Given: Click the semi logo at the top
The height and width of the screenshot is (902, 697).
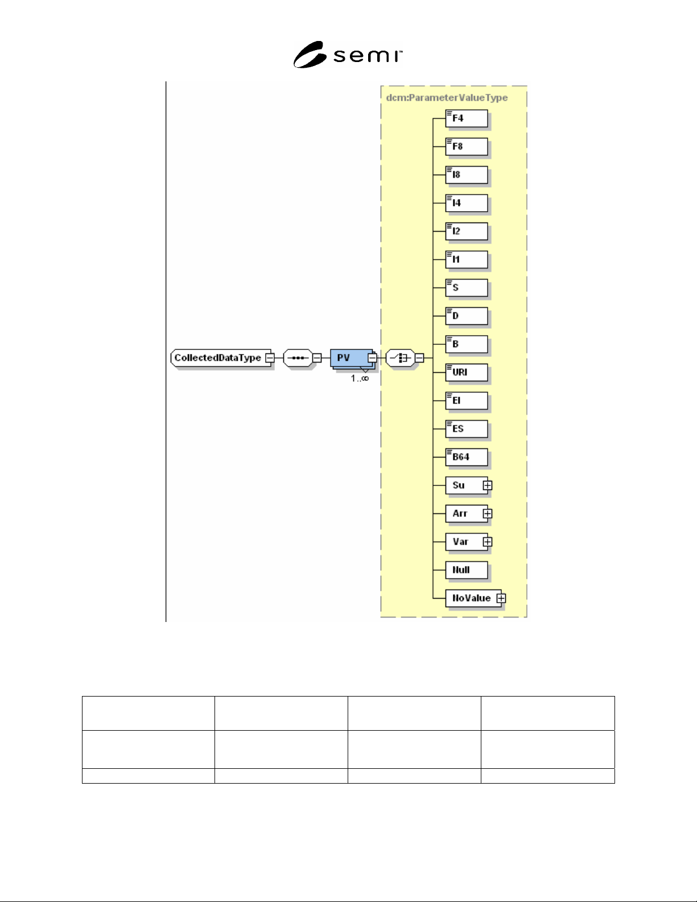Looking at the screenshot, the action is point(348,55).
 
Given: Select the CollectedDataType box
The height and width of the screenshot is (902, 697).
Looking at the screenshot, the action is point(221,358).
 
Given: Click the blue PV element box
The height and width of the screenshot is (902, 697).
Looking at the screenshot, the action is point(352,358).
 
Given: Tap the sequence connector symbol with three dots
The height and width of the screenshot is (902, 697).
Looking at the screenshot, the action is point(298,358).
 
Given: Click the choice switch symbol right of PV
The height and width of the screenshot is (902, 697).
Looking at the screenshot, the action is point(401,358).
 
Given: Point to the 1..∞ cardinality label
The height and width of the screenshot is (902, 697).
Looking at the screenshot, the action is point(360,378).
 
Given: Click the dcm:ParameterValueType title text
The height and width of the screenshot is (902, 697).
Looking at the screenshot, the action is point(447,97).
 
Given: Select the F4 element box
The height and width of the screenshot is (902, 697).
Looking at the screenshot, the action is point(467,118).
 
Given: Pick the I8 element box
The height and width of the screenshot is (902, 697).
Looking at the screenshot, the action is point(467,175).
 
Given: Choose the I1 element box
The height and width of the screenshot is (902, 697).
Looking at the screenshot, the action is point(467,260).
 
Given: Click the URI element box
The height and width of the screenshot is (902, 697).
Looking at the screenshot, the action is point(467,372).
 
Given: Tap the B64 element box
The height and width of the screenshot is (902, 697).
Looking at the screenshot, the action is point(467,457).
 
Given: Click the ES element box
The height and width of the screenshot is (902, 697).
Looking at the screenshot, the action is point(467,429).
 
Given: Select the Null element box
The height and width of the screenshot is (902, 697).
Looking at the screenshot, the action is point(467,570).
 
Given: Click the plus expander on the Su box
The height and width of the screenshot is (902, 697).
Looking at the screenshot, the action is point(488,485).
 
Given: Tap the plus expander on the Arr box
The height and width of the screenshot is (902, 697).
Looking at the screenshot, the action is point(488,513).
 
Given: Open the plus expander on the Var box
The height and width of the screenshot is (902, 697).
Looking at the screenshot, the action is point(488,542).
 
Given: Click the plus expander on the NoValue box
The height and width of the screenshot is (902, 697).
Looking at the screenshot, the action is point(501,598).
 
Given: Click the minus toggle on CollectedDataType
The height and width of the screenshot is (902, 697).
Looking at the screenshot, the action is point(270,358).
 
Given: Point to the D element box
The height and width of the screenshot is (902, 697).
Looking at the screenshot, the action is point(467,316).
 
